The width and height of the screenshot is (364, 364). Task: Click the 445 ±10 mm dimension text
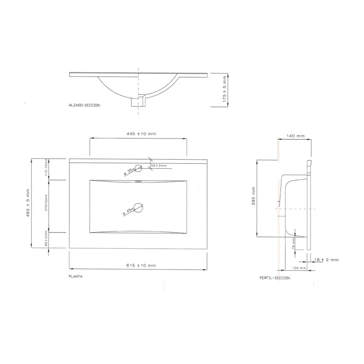tap(141, 134)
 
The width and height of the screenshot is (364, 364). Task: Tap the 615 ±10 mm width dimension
tap(141, 265)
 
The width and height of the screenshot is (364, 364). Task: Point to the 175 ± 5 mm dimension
tap(225, 90)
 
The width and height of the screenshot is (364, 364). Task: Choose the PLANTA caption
tap(76, 277)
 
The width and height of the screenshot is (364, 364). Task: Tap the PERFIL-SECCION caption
tap(275, 278)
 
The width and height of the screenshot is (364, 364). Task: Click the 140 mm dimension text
tap(295, 136)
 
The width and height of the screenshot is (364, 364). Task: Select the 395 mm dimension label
tap(253, 198)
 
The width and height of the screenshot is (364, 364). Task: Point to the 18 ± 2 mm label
tap(326, 260)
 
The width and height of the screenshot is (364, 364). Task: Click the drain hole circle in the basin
tap(139, 207)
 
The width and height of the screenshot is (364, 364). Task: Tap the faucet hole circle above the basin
tap(138, 168)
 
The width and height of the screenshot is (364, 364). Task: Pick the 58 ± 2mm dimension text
tap(159, 166)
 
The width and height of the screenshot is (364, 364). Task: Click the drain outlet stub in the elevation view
tap(138, 102)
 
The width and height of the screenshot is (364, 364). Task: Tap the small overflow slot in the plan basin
tap(138, 181)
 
